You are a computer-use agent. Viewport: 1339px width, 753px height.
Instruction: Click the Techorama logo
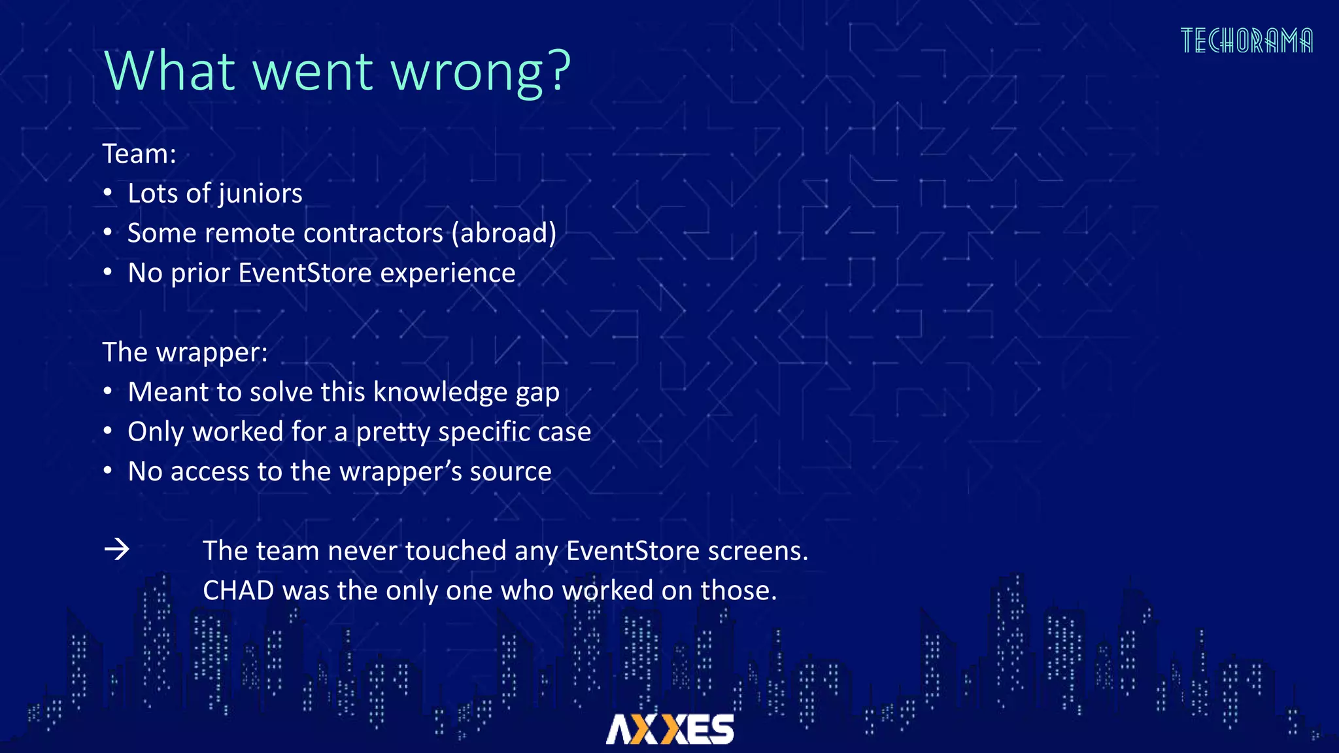pos(1246,41)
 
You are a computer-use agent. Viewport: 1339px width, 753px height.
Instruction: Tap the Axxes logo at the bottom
pos(670,729)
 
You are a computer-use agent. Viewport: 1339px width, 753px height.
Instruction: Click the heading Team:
pos(139,154)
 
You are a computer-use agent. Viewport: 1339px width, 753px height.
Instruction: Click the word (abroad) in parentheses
pos(504,233)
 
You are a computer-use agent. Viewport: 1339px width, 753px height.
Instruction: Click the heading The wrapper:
pos(185,352)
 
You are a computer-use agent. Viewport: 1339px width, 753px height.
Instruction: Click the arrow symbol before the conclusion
pos(117,550)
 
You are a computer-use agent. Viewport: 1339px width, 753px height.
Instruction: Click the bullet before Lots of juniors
pos(108,193)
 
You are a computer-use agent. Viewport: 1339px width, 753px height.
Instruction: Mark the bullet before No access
pos(108,471)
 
